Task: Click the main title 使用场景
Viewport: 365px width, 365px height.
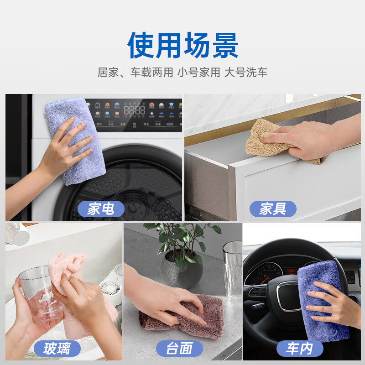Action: [182, 46]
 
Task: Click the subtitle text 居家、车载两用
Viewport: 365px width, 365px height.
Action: [135, 73]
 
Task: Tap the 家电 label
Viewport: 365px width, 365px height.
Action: [100, 209]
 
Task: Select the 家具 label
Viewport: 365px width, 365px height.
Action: [273, 209]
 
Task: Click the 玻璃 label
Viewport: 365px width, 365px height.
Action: [57, 349]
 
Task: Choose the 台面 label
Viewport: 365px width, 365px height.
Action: [179, 349]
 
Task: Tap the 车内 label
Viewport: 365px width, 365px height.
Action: [299, 349]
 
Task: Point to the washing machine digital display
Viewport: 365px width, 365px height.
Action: [135, 110]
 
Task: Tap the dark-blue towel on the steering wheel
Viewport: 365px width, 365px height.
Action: [322, 297]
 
